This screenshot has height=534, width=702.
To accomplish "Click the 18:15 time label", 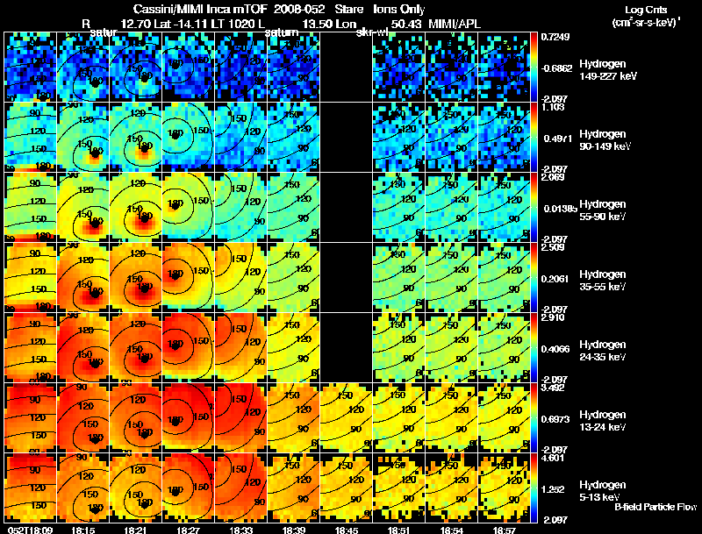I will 82,530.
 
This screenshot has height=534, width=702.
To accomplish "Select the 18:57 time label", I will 504,530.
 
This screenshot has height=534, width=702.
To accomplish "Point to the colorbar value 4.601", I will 554,457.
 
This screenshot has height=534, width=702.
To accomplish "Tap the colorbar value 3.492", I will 554,387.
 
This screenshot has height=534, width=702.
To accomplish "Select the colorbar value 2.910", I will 554,317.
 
